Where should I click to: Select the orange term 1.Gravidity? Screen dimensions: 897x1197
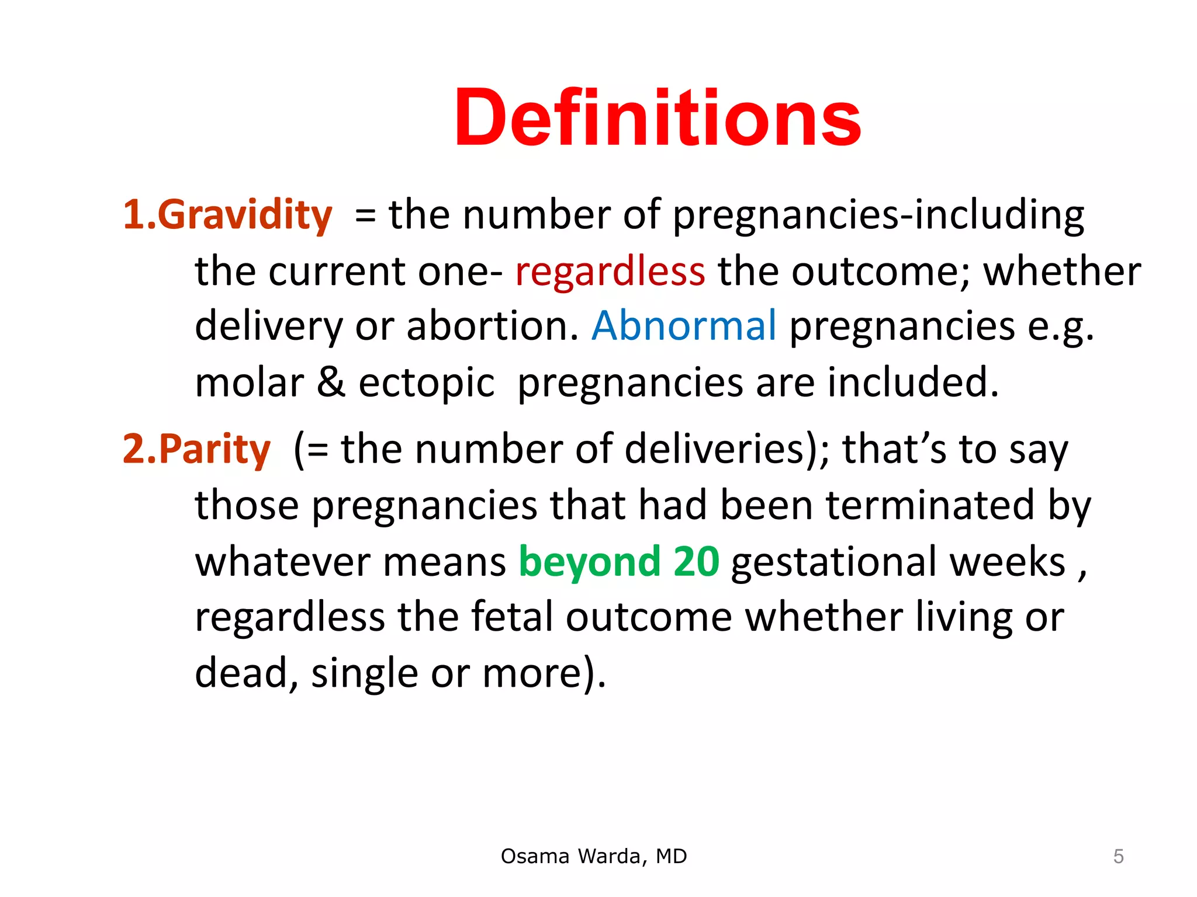[x=227, y=214]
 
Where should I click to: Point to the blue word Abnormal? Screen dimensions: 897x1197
[x=684, y=325]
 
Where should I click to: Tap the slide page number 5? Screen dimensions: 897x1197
[x=1118, y=856]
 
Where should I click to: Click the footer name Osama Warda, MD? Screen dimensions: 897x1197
[x=594, y=856]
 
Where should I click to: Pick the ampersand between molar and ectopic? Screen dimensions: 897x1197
[x=331, y=382]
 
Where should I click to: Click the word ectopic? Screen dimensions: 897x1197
[x=427, y=383]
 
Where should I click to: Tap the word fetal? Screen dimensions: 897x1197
[x=512, y=617]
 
